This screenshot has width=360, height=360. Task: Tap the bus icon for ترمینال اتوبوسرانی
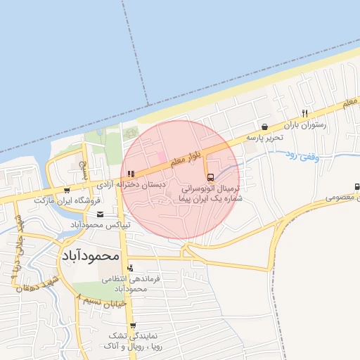[x=211, y=176]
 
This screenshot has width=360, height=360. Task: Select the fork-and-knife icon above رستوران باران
[x=304, y=113]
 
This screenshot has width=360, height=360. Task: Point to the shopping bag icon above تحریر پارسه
[x=264, y=127]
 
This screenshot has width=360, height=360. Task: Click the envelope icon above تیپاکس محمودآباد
[x=101, y=214]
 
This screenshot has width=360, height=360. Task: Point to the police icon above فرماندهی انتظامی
[x=130, y=268]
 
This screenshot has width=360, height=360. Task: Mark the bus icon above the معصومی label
[x=357, y=187]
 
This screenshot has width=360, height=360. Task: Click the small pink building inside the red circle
[x=160, y=155]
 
